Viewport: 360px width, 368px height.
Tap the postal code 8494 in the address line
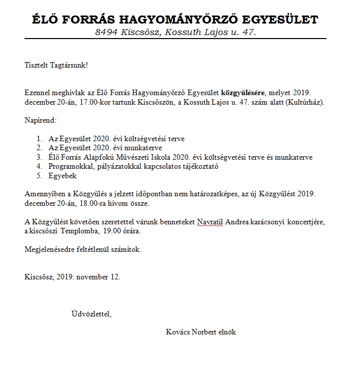coord(106,32)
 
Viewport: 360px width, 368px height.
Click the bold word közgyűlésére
coord(243,93)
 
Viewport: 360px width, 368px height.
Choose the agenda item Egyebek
coord(63,176)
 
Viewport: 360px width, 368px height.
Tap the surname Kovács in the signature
coord(177,332)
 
